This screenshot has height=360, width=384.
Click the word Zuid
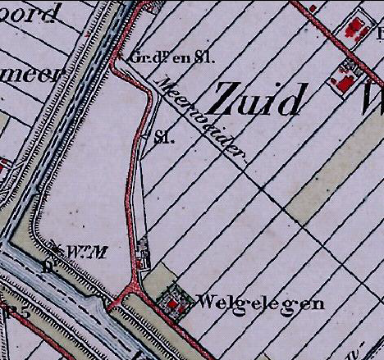(255, 100)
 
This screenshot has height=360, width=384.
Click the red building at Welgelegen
(172, 304)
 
